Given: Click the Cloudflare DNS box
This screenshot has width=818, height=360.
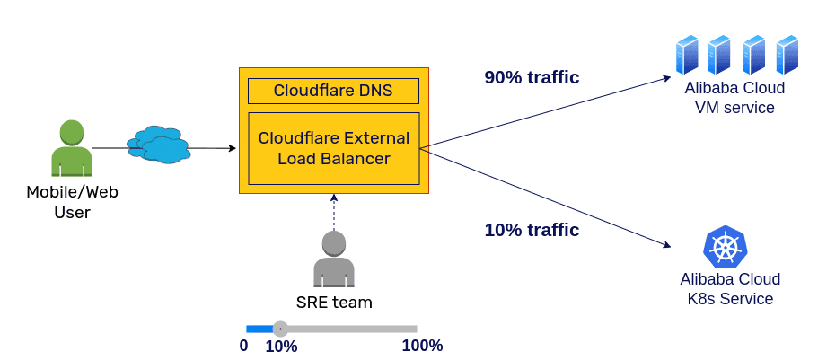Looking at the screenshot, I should [x=333, y=91].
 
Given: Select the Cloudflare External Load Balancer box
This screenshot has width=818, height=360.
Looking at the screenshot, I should [x=333, y=148].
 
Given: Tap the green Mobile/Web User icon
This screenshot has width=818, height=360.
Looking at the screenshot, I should [x=72, y=149].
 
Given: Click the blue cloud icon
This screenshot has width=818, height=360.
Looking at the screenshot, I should [x=158, y=145].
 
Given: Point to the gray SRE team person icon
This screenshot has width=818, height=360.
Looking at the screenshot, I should [x=334, y=259].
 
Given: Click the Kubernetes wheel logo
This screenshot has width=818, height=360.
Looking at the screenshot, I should [x=725, y=246].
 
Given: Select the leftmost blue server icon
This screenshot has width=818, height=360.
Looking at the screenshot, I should [x=687, y=55].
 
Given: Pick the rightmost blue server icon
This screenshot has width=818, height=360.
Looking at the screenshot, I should [x=787, y=55].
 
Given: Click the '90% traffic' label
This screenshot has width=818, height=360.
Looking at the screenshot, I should [x=532, y=77].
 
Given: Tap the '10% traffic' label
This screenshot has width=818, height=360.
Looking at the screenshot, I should [x=532, y=230].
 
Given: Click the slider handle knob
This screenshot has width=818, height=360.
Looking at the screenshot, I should [x=280, y=329].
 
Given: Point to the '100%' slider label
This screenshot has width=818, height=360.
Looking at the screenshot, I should [x=422, y=346].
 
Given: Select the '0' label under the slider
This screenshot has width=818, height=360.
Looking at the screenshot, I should [x=243, y=346].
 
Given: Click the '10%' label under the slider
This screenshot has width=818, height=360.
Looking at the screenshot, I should [x=281, y=347].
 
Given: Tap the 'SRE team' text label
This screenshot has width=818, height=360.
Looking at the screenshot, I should [x=334, y=303].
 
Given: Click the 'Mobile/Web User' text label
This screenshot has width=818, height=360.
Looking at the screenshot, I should [x=72, y=202].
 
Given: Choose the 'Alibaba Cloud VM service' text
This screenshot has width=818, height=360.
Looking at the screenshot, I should [x=734, y=98].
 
